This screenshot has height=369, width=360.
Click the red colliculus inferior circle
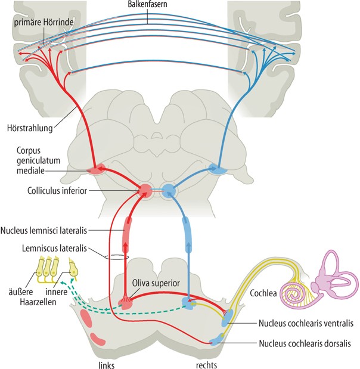tap(145, 191)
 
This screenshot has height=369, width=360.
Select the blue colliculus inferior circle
tap(169, 191)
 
